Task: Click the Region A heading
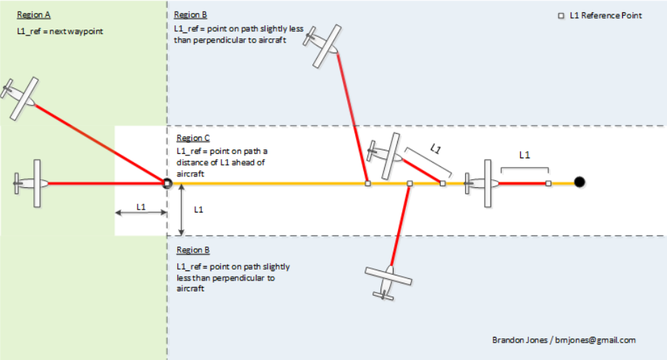34,14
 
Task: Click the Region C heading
193,138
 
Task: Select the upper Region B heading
192,14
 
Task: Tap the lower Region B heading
193,250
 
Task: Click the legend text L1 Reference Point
605,14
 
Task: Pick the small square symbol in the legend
561,14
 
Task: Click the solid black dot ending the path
579,182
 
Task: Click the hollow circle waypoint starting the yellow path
167,184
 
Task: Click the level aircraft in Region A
33,184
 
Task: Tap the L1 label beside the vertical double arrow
199,210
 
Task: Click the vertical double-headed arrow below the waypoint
182,210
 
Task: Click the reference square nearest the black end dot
548,184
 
